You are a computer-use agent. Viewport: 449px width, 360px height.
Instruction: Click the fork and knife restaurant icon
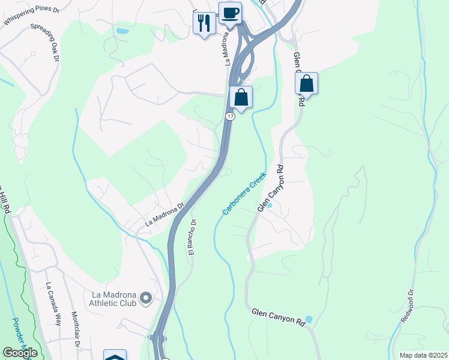coord(204,23)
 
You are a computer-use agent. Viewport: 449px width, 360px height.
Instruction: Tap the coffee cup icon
coord(229,12)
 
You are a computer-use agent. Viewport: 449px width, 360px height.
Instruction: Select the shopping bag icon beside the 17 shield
coord(241,97)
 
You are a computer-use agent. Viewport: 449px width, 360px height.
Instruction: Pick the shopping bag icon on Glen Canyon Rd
coord(306,84)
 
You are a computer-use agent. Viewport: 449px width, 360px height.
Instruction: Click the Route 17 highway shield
coord(231,116)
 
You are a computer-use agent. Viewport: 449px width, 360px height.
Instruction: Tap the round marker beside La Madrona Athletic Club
coord(145,298)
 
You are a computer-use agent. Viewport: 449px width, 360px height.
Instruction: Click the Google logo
coord(20,353)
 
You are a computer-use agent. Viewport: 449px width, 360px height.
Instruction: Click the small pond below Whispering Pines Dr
coord(122,30)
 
